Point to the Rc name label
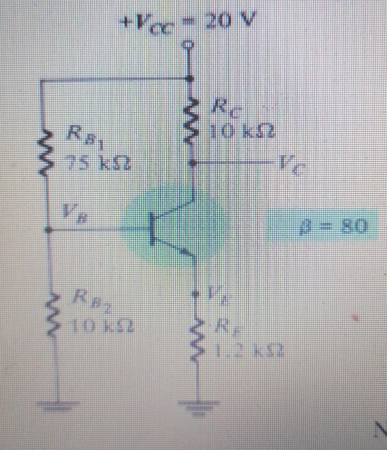pos(223,109)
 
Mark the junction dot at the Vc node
pos(194,163)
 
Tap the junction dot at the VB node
pos(48,230)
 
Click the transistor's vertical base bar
pos(152,229)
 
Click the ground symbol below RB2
pos(58,406)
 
